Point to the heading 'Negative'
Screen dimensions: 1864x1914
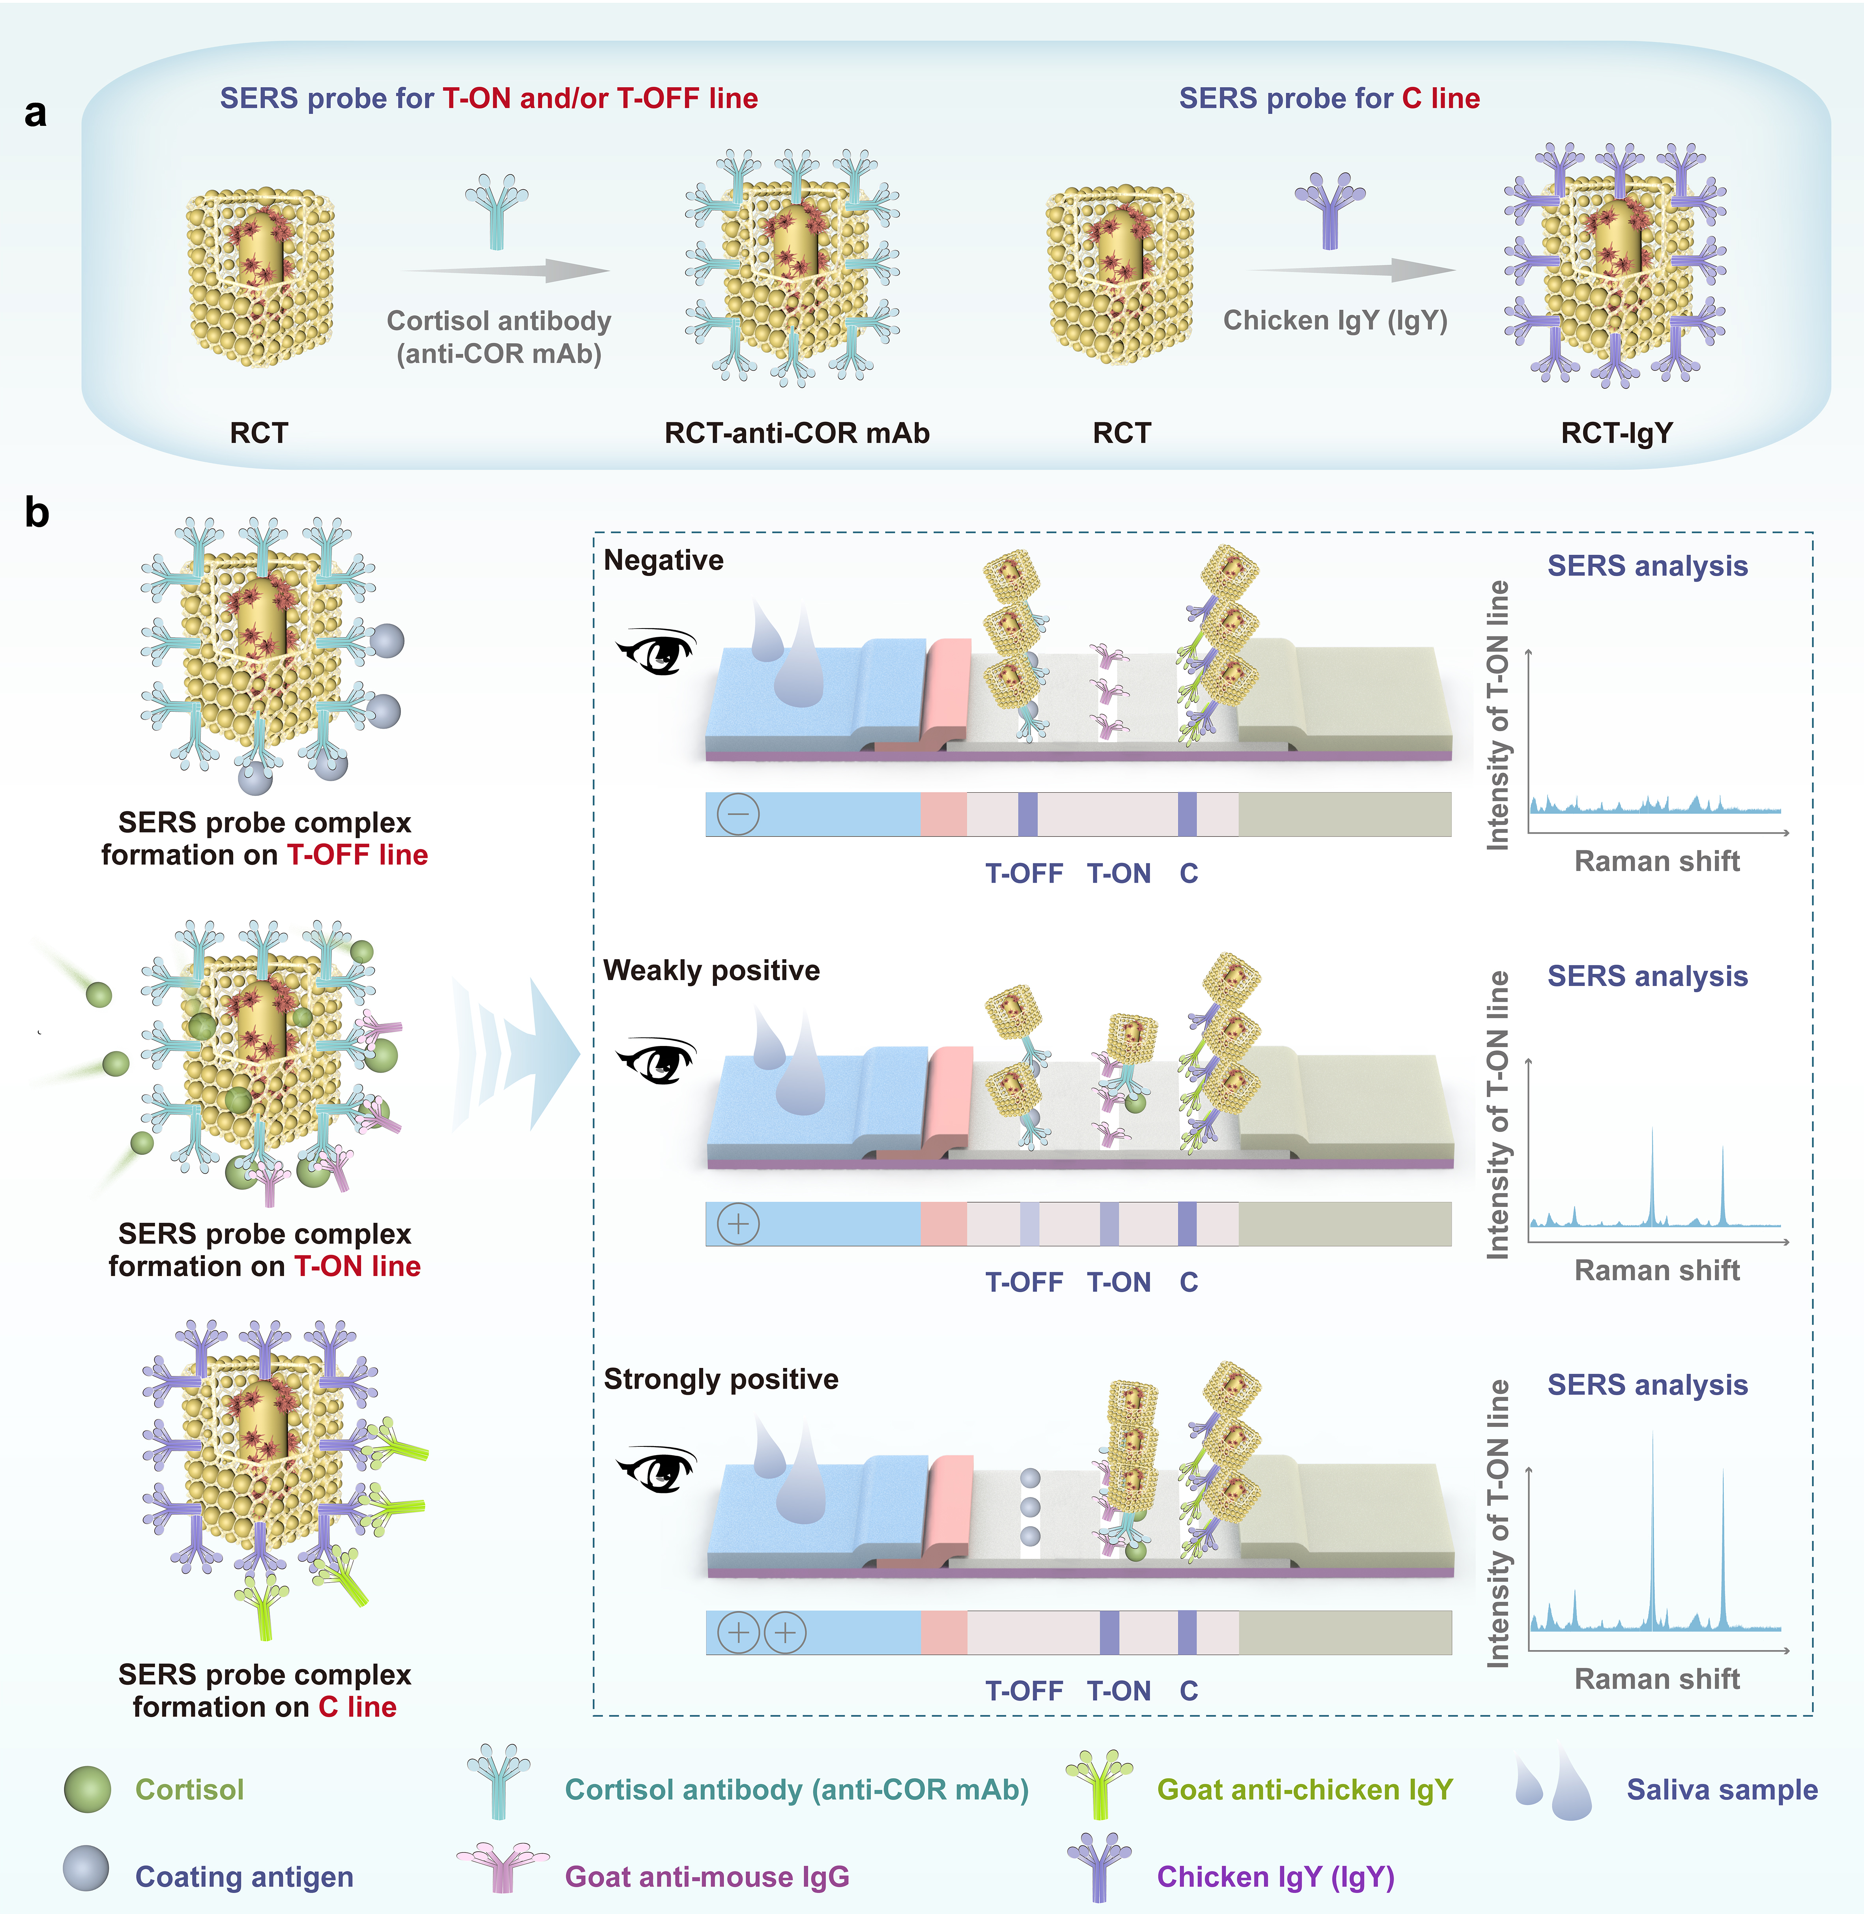coord(664,560)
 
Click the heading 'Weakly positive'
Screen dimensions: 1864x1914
coord(712,970)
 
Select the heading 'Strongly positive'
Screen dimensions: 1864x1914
coord(722,1379)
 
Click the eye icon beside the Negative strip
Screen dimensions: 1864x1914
coord(656,651)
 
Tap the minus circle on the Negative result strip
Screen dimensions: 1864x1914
coord(738,814)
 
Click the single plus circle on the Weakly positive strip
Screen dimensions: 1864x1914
coord(738,1224)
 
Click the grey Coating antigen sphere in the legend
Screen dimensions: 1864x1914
coord(86,1868)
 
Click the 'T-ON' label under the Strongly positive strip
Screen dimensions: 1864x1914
coord(1119,1691)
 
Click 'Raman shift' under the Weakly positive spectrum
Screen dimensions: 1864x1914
coord(1657,1271)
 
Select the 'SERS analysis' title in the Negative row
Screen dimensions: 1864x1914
coord(1648,566)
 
